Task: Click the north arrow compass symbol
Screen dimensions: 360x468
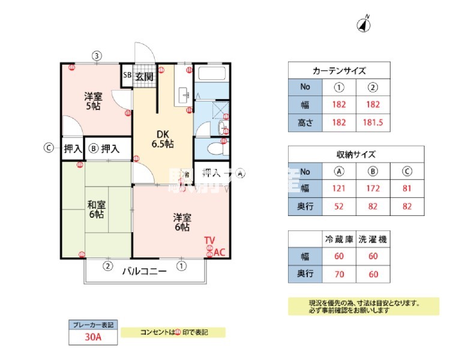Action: [365, 24]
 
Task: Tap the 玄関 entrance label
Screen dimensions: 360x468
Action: [144, 76]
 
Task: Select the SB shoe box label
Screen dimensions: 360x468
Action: [127, 76]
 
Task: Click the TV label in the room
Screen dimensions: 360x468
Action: [209, 241]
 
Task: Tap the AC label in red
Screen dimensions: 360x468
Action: [220, 253]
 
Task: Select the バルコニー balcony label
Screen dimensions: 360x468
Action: [144, 271]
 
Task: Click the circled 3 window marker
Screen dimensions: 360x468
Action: [97, 56]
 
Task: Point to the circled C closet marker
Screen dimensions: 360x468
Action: [51, 148]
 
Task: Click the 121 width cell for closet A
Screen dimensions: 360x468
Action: [339, 188]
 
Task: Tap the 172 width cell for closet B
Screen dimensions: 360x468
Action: [373, 188]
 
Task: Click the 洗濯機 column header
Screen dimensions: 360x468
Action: [373, 239]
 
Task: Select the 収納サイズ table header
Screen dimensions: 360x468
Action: [356, 154]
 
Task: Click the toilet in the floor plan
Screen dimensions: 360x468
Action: [211, 149]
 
